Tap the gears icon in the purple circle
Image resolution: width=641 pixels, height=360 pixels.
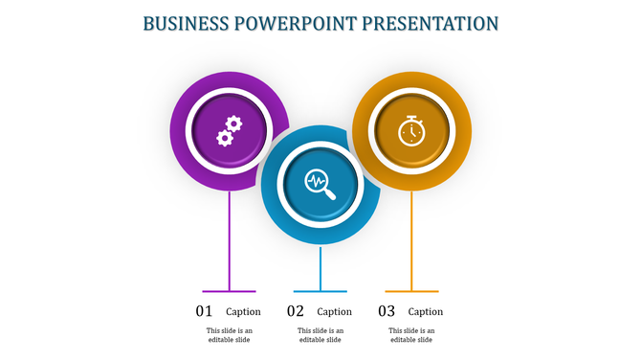click(x=230, y=130)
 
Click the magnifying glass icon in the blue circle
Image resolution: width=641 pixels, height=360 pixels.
click(x=320, y=182)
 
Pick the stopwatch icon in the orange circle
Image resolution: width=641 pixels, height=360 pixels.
click(x=411, y=130)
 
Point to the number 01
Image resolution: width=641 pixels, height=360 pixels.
click(x=204, y=311)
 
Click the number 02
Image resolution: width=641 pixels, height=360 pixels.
click(x=296, y=311)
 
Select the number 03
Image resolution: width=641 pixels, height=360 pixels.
click(x=387, y=311)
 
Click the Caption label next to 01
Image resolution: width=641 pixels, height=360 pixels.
click(x=243, y=311)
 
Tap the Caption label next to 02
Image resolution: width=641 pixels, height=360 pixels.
click(x=334, y=311)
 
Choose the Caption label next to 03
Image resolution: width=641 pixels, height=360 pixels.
click(x=426, y=311)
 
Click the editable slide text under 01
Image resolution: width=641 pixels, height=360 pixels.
click(x=230, y=335)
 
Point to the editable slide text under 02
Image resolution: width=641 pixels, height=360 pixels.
click(x=320, y=335)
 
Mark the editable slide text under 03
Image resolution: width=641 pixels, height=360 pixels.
click(x=411, y=335)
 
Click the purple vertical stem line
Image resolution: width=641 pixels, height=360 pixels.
click(x=230, y=239)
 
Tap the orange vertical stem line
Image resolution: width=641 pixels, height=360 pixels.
click(x=411, y=239)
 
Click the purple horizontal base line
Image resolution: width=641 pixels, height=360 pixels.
click(x=230, y=291)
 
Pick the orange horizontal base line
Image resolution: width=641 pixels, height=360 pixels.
click(x=411, y=291)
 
